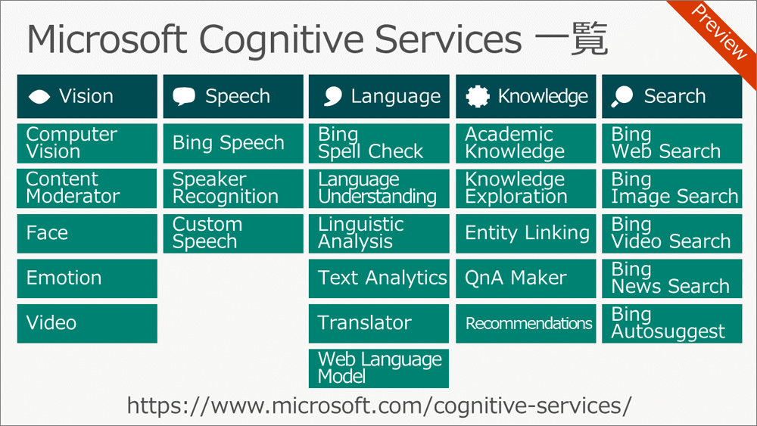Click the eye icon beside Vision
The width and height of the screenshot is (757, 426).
[x=39, y=97]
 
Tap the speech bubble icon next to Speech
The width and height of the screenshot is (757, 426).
[x=184, y=96]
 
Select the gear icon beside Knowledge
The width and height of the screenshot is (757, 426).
[x=478, y=96]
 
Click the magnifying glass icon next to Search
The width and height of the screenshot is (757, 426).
[x=621, y=97]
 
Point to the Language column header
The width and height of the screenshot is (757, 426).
[x=379, y=96]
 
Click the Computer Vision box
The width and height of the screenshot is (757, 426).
[x=87, y=143]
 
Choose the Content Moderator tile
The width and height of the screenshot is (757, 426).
[x=87, y=188]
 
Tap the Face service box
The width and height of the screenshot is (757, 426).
[x=87, y=234]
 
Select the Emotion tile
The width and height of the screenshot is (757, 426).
[x=87, y=278]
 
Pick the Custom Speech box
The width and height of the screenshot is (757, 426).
[x=233, y=234]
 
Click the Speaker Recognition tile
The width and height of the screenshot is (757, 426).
[x=233, y=188]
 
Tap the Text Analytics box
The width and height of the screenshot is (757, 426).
[x=379, y=278]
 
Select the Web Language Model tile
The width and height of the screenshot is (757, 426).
[x=379, y=368]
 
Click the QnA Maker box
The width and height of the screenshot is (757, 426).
[x=526, y=278]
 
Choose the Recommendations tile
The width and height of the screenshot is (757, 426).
[x=526, y=323]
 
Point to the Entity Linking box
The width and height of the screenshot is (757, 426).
[x=526, y=234]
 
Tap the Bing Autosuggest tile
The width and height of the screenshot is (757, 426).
[x=672, y=323]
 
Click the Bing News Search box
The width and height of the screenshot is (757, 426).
[x=672, y=278]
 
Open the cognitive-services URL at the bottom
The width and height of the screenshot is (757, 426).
[x=379, y=406]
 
